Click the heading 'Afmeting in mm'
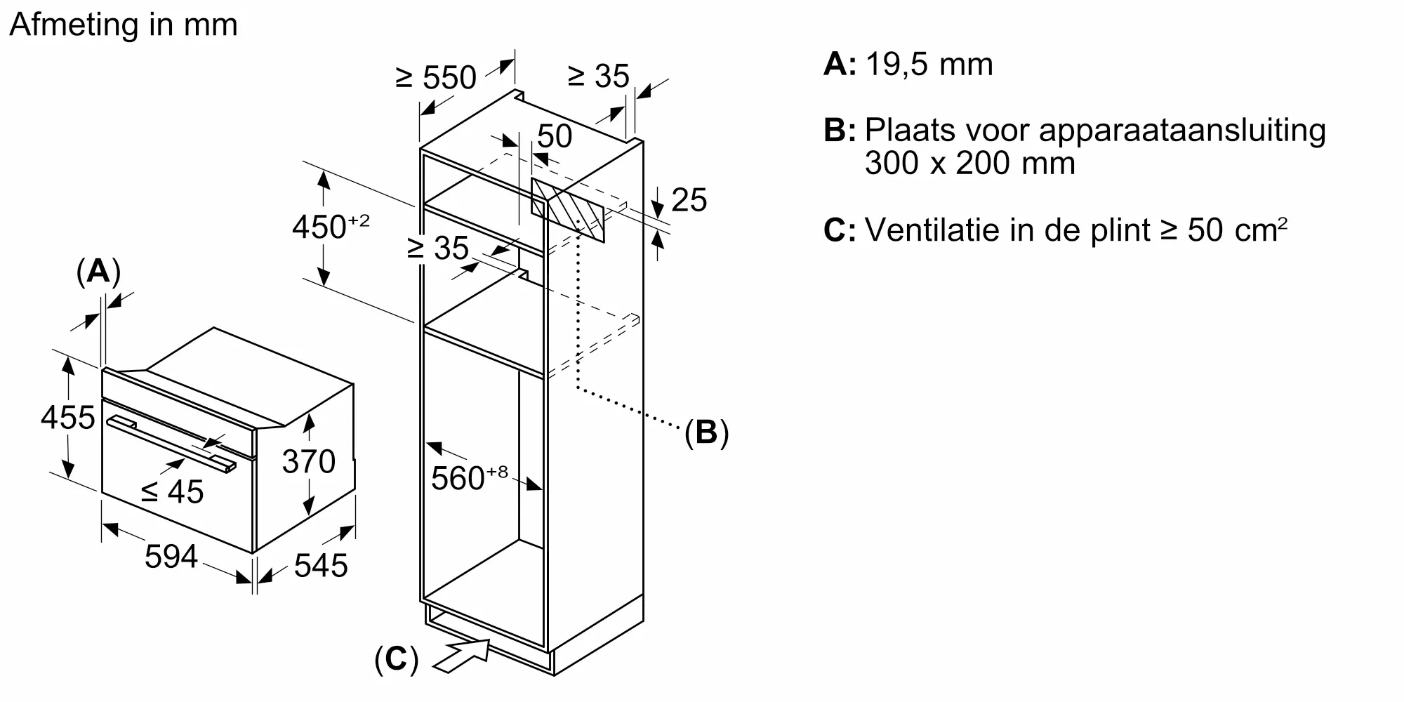[124, 25]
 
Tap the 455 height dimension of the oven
[67, 418]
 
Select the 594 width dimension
[171, 557]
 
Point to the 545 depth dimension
[321, 565]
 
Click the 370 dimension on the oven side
[308, 461]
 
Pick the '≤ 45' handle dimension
[173, 491]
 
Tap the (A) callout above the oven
[98, 272]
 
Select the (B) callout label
[706, 432]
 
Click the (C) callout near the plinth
[396, 660]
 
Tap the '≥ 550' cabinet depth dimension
[436, 77]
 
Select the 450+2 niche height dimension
[330, 226]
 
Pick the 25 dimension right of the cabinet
[689, 200]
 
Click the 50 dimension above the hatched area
[555, 136]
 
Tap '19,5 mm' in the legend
[929, 65]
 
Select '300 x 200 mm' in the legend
[969, 164]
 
